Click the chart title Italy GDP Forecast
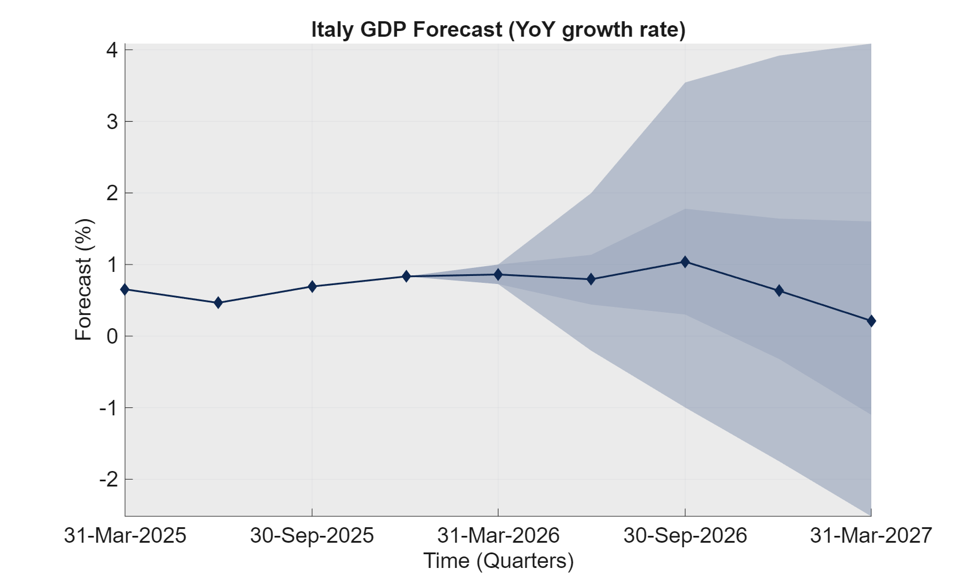[x=498, y=29]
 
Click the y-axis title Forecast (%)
[x=84, y=279]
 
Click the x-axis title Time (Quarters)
[x=498, y=560]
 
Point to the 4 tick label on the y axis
[x=112, y=50]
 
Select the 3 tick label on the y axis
[x=112, y=122]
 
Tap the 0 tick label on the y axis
[x=112, y=336]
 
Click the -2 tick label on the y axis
[x=108, y=479]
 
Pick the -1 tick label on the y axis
[x=108, y=408]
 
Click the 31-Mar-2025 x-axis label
[x=125, y=535]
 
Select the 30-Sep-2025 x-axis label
[x=311, y=535]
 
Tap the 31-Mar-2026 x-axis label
[x=498, y=535]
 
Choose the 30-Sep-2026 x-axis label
[x=685, y=535]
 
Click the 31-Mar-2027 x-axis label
[x=871, y=535]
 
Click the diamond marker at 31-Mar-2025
[x=125, y=290]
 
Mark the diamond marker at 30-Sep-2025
[x=312, y=286]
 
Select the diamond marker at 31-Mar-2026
[x=498, y=275]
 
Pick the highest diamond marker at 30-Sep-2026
[x=685, y=262]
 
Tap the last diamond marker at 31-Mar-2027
[x=871, y=321]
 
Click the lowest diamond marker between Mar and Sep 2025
[x=218, y=302]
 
